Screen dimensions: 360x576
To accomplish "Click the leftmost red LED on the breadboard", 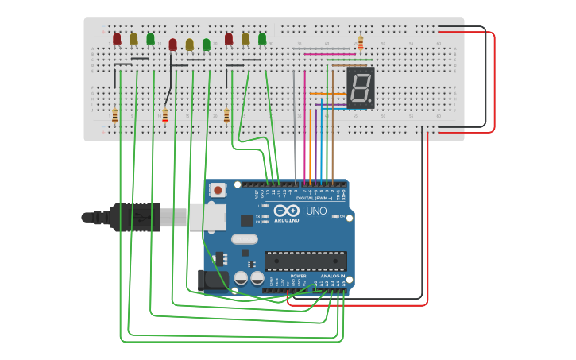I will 117,38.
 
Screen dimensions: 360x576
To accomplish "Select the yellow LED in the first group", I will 133,38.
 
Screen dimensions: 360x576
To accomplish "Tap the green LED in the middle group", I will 207,45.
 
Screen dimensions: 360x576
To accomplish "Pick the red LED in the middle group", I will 172,45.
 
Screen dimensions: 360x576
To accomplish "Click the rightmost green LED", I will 262,38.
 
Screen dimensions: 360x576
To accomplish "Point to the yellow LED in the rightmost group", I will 245,38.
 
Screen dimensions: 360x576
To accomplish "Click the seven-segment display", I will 360,87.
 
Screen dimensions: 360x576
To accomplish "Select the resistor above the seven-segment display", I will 361,43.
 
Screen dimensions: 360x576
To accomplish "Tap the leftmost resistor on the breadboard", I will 115,116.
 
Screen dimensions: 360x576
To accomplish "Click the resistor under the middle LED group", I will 165,116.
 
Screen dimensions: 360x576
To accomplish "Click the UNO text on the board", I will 316,211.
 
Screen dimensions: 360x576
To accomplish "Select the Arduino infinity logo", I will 285,211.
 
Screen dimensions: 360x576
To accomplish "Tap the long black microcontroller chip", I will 306,261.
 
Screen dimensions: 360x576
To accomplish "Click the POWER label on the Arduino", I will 288,276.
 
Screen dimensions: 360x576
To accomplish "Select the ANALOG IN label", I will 333,276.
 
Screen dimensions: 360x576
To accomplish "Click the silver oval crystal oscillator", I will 245,238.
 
